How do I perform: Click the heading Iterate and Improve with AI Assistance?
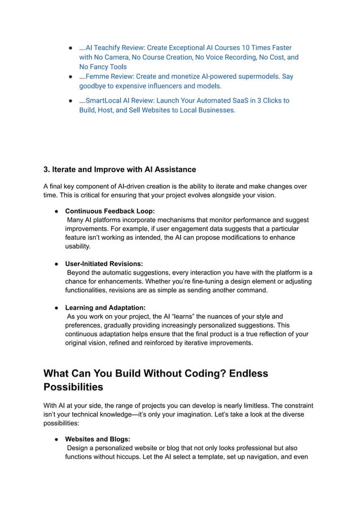[x=120, y=169]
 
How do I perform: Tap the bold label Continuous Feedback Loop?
[x=110, y=211]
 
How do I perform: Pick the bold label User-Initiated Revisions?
[x=104, y=263]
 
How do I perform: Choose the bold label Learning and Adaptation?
[x=106, y=307]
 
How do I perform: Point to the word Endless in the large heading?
[x=242, y=374]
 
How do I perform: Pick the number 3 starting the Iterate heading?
[x=46, y=169]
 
